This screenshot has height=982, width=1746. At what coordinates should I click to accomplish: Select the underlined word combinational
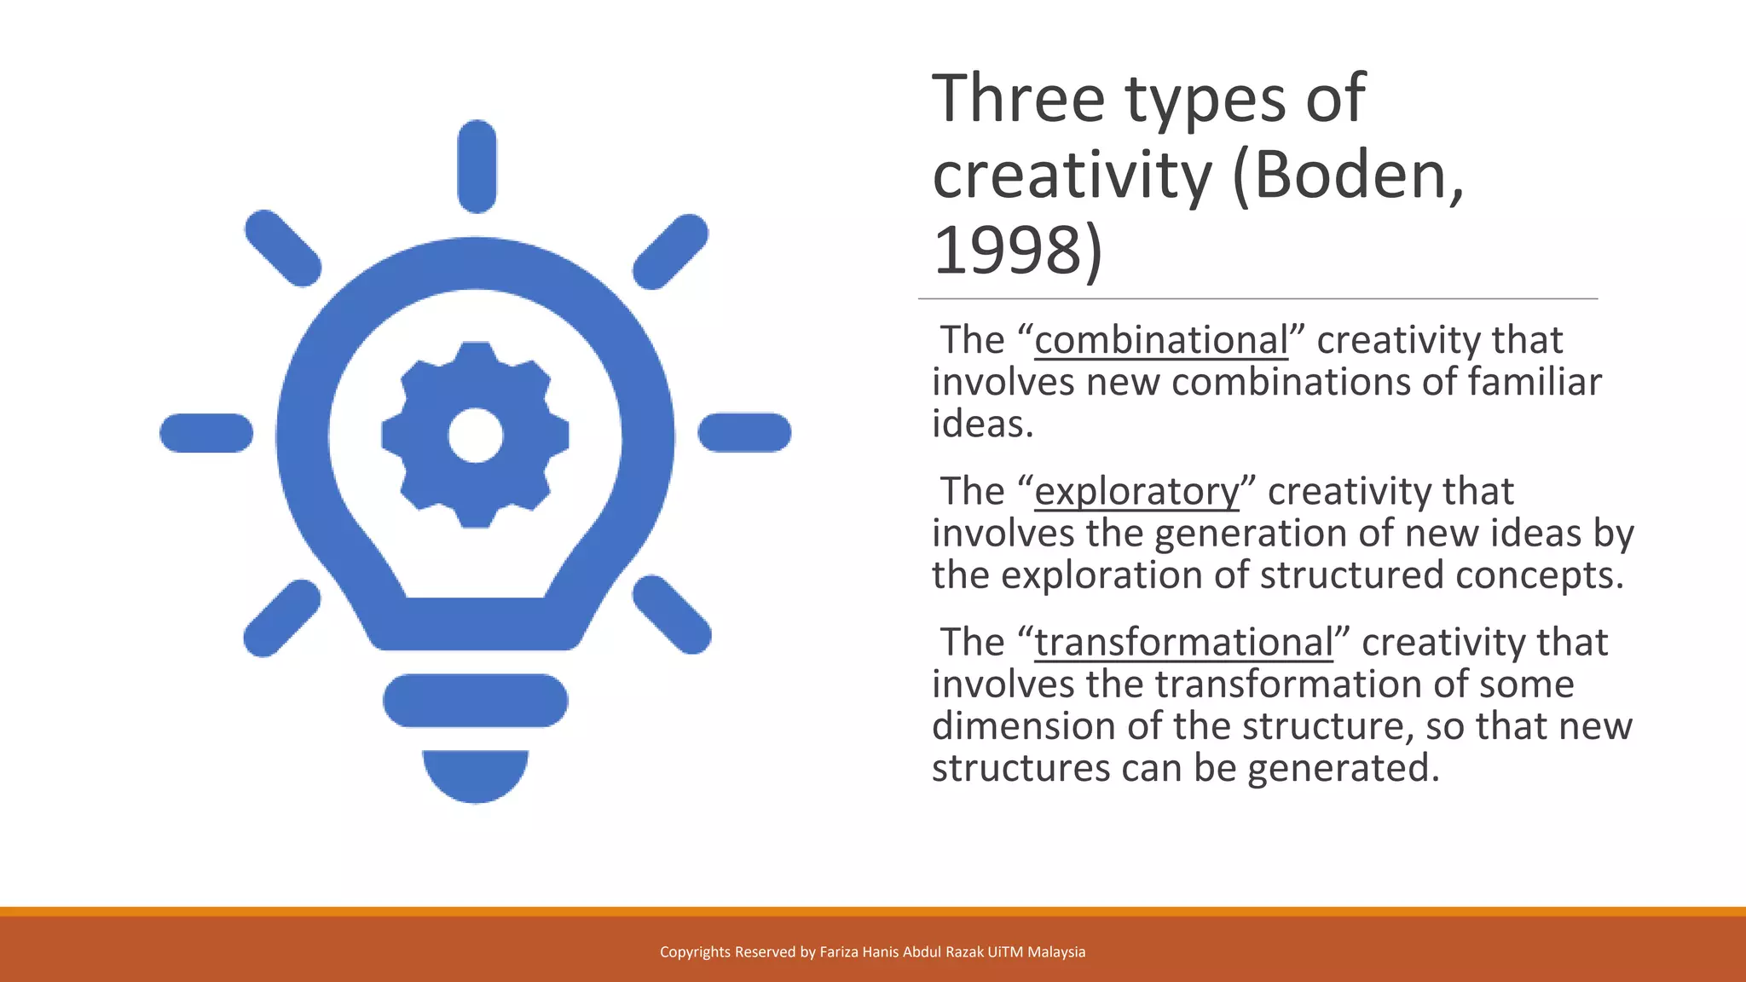pyautogui.click(x=1161, y=340)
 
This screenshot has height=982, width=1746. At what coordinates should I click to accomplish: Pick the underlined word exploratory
pyautogui.click(x=1136, y=492)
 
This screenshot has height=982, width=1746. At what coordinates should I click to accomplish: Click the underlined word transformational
pyautogui.click(x=1183, y=643)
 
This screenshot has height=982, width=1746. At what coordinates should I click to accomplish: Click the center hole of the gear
pyautogui.click(x=475, y=435)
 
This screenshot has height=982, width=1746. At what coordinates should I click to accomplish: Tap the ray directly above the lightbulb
pyautogui.click(x=477, y=166)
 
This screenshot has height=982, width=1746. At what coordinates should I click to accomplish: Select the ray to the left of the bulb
pyautogui.click(x=206, y=432)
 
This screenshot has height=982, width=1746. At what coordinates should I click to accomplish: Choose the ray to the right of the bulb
pyautogui.click(x=744, y=432)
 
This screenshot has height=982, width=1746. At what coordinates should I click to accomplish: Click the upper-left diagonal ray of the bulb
pyautogui.click(x=283, y=248)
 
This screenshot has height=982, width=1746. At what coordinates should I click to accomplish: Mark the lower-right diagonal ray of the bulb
pyautogui.click(x=672, y=615)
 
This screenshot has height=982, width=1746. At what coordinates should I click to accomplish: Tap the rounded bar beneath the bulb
pyautogui.click(x=475, y=701)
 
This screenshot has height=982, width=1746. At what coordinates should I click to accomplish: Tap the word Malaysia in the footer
pyautogui.click(x=1056, y=952)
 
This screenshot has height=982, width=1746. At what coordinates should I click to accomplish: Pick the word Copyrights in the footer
pyautogui.click(x=695, y=952)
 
